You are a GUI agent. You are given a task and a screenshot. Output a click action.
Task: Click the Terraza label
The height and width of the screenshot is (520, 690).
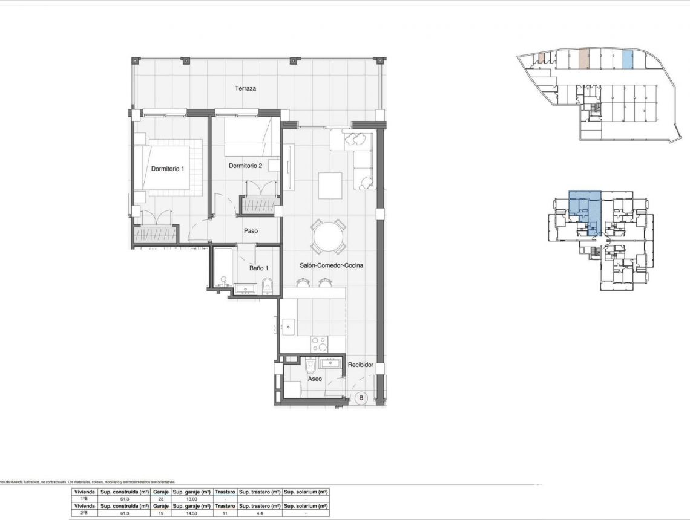[x=245, y=88]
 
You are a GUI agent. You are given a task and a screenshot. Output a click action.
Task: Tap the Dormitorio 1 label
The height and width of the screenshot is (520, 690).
[x=168, y=169]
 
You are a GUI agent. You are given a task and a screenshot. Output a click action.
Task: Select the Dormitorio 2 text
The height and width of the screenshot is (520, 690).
[x=245, y=166]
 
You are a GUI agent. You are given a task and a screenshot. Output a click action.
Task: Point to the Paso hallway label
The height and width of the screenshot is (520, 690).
[x=251, y=230]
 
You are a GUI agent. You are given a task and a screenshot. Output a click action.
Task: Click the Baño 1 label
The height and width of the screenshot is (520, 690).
[x=258, y=268]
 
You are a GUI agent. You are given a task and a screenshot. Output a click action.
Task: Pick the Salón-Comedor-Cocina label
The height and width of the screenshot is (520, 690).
[x=331, y=265]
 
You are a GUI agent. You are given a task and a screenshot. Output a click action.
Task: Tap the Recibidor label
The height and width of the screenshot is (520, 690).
[x=360, y=365]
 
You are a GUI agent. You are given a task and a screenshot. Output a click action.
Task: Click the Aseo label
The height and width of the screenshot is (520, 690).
[x=315, y=379]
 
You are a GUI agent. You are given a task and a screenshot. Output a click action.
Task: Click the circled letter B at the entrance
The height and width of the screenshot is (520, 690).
[x=361, y=398]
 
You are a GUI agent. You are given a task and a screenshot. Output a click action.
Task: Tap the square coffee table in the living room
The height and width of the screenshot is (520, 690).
[x=330, y=186]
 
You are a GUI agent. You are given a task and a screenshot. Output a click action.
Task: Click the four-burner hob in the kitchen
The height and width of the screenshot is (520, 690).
[x=319, y=344]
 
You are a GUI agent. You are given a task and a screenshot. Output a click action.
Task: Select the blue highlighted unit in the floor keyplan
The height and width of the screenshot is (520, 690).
[x=585, y=209]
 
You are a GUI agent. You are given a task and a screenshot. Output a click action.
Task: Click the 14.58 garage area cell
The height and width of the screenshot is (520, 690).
[x=191, y=513]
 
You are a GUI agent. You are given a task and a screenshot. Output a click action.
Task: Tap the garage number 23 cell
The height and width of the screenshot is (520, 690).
[x=160, y=499]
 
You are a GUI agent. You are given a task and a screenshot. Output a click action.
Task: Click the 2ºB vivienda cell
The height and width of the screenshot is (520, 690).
[x=85, y=513]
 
